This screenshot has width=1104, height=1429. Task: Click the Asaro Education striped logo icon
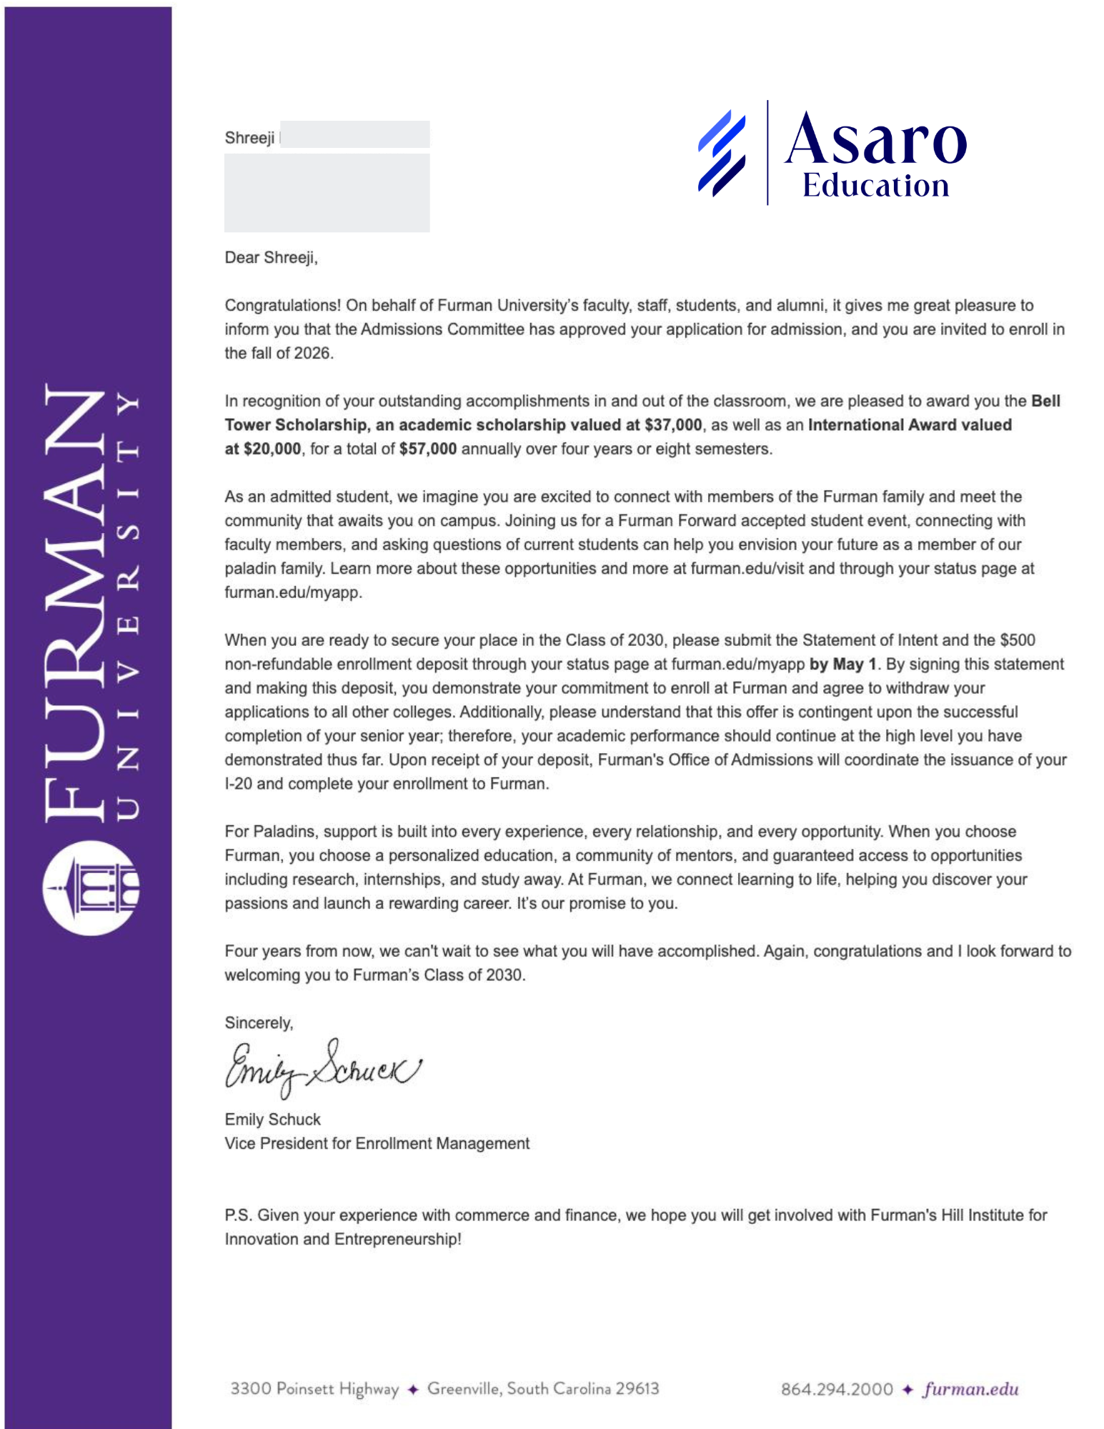tap(722, 153)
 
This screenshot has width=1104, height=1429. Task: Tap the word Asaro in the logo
tap(876, 139)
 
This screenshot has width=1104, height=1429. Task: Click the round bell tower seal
tap(91, 888)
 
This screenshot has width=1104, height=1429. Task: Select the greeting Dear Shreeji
tap(271, 257)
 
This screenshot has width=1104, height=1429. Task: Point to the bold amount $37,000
tap(672, 425)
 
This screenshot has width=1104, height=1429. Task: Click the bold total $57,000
tap(427, 449)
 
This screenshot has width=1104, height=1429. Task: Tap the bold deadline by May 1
tap(842, 664)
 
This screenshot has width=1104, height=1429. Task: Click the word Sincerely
tap(259, 1022)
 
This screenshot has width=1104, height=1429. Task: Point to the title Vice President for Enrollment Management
tap(377, 1143)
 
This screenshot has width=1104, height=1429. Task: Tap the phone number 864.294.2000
tap(836, 1389)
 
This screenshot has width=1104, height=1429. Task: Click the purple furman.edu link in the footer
tap(970, 1389)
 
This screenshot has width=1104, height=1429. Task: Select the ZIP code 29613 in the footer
tap(637, 1388)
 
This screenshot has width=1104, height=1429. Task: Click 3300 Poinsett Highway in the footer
tap(314, 1388)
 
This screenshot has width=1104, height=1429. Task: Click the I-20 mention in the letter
tap(238, 784)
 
